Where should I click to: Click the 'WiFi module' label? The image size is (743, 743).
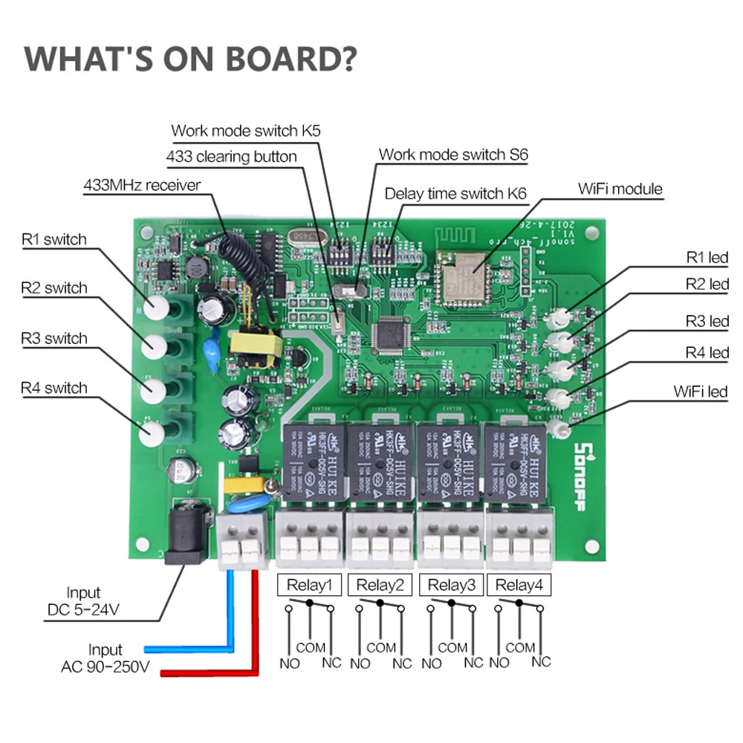click(620, 189)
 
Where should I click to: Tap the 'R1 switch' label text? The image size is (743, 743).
click(53, 239)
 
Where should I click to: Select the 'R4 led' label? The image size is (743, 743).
click(707, 352)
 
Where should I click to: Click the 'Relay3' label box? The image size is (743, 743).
click(452, 585)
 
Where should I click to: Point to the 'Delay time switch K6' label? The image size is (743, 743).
click(455, 194)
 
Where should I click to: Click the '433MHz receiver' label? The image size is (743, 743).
click(142, 185)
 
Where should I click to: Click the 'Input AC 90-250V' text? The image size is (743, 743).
click(105, 658)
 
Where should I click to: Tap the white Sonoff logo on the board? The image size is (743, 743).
click(584, 475)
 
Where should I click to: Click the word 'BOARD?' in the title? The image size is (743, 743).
click(286, 59)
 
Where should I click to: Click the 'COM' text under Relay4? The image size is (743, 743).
click(520, 647)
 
